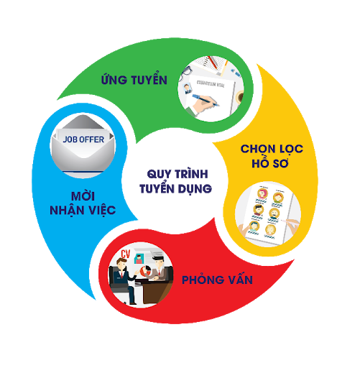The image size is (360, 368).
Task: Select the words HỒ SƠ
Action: [x=270, y=163]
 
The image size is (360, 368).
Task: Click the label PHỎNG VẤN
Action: [x=217, y=280]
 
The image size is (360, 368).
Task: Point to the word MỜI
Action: [x=83, y=195]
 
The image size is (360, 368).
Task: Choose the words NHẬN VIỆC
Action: [x=83, y=211]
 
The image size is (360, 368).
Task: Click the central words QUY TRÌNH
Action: [x=177, y=174]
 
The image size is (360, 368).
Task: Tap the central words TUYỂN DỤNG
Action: [x=175, y=189]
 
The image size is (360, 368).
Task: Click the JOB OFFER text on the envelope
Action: [x=83, y=139]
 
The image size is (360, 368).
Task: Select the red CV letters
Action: [x=125, y=254]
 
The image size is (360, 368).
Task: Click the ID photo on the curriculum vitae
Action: [x=188, y=88]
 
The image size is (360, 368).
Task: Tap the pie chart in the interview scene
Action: [x=145, y=271]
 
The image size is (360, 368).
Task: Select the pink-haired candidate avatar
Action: [x=262, y=193]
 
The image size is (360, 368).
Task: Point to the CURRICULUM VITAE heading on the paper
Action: [x=211, y=83]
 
